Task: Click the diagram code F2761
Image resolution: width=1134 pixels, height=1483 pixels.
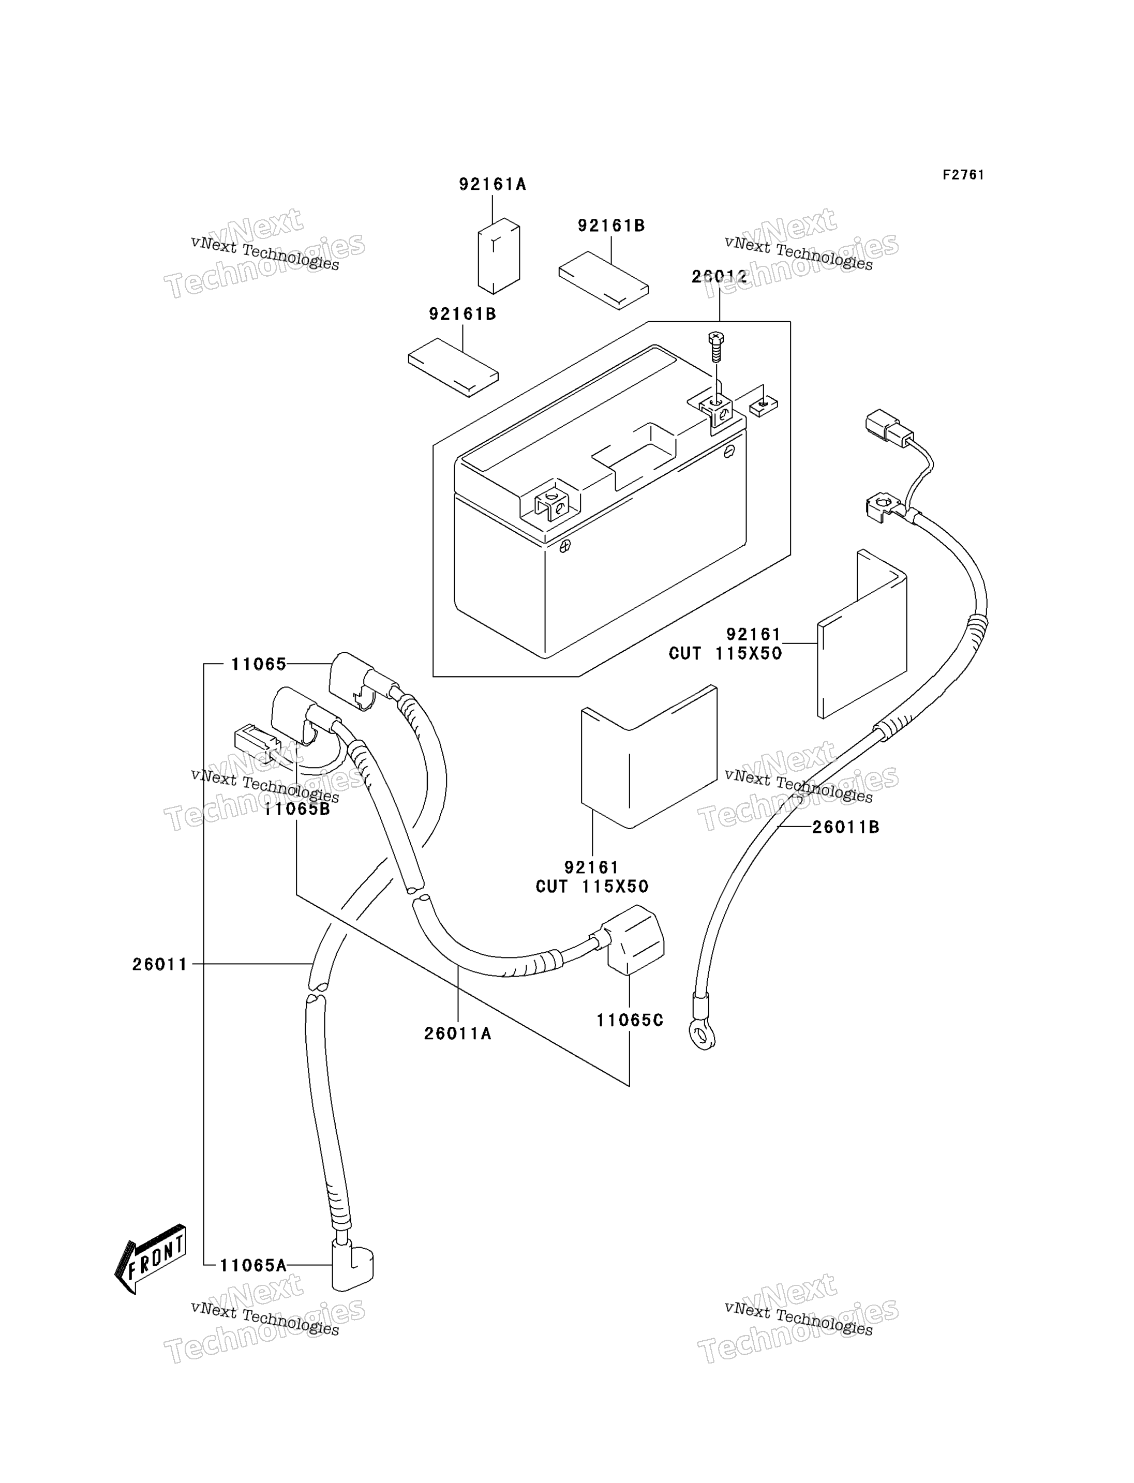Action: (963, 175)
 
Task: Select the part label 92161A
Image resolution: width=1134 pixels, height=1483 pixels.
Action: (492, 184)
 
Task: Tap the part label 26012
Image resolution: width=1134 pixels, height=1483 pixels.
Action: (720, 276)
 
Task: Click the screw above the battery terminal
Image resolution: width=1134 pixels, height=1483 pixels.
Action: (715, 347)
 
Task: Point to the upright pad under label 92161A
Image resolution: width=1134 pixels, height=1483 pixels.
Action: (499, 256)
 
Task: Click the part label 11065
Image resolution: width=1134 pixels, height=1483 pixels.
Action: (259, 664)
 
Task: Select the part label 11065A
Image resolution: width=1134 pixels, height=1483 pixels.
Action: (253, 1265)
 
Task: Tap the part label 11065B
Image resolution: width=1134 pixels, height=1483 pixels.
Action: (297, 808)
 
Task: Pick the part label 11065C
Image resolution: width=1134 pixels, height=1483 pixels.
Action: (630, 1020)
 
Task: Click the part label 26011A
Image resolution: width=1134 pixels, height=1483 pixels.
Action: (458, 1033)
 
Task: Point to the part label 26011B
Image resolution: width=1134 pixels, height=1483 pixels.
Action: (846, 827)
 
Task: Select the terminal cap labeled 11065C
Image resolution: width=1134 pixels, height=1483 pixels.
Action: (634, 940)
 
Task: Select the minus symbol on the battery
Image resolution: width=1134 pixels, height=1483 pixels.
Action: (729, 452)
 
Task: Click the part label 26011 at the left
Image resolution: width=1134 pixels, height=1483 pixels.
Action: (160, 965)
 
